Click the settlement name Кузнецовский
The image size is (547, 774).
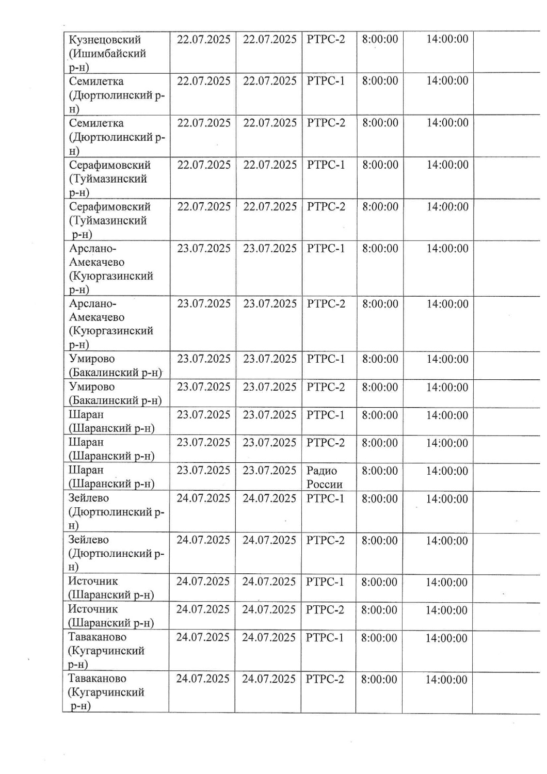105,40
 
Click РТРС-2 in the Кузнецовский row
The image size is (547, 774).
326,39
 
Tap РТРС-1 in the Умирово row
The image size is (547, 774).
326,359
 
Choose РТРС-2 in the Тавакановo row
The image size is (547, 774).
325,679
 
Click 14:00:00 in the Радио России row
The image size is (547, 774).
447,471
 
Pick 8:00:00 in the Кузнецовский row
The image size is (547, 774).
380,39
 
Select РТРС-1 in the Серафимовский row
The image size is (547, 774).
326,165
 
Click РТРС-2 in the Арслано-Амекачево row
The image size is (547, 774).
326,304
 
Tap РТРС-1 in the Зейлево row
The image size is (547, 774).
325,498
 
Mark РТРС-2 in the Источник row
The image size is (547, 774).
325,610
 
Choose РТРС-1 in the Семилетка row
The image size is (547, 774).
326,81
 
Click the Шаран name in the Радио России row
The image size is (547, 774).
86,470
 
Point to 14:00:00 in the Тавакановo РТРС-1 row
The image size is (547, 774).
446,638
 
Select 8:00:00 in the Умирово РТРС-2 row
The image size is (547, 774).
380,387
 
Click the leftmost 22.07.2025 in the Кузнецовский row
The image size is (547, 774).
203,40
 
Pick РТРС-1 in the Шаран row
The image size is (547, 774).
325,415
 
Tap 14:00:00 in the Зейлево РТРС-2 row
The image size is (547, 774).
446,541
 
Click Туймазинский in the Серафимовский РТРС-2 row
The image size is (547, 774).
108,221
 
